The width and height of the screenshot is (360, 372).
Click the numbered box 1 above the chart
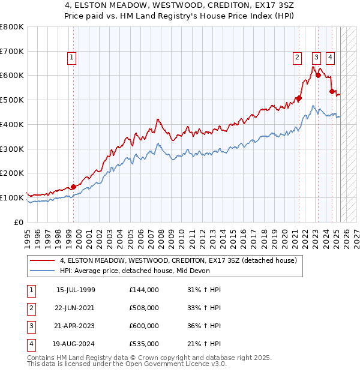point(71,58)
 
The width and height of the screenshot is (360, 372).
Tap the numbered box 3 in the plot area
point(316,58)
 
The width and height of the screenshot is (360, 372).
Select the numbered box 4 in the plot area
point(330,58)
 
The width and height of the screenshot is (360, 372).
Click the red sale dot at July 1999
point(73,187)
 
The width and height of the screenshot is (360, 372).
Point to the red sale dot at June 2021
point(299,98)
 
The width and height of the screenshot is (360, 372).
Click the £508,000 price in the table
point(144,308)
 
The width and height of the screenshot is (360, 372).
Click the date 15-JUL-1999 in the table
point(76,290)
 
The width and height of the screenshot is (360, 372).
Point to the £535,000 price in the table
point(144,344)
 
